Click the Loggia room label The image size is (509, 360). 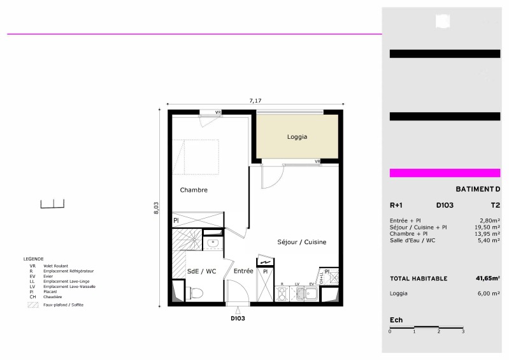297,137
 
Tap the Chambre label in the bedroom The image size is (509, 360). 194,190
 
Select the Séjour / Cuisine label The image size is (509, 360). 301,242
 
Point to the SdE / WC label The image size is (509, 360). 201,271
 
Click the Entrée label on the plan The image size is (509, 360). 243,271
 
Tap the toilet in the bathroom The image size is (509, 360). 197,293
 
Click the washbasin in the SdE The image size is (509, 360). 213,242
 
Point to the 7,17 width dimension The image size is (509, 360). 255,101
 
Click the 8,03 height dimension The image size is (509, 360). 156,208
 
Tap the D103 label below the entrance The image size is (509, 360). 238,319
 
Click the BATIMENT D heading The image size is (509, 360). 478,189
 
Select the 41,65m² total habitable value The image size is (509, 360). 488,278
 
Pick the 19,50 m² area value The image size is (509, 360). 487,227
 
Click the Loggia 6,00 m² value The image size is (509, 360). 489,294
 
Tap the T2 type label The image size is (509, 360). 496,205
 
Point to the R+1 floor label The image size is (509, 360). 396,205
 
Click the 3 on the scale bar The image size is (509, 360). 463,331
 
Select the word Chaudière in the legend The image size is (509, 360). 53,297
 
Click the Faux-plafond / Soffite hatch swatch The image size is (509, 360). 32,305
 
